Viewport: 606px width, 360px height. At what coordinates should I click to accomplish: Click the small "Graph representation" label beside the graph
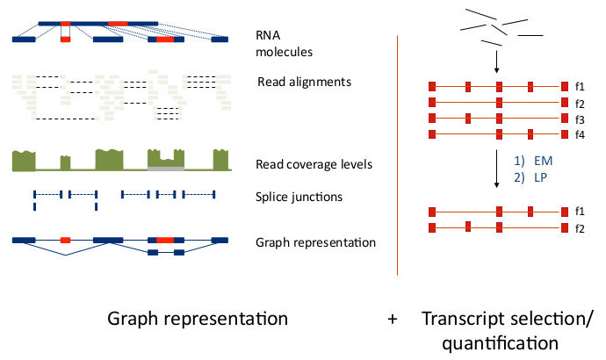pos(316,242)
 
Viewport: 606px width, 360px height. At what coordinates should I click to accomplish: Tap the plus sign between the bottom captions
pos(392,319)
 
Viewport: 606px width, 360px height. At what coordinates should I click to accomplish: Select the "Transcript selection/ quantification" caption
pos(507,329)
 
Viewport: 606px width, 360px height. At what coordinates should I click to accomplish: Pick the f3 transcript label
pos(581,119)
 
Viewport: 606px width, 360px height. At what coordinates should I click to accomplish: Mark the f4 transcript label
pos(581,134)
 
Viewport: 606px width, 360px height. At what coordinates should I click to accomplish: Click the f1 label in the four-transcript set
pos(581,87)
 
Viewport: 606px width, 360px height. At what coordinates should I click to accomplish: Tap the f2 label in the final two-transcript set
pos(581,228)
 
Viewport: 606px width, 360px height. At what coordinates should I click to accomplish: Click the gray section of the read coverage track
pos(166,165)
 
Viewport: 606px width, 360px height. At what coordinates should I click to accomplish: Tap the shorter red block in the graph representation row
pos(65,239)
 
